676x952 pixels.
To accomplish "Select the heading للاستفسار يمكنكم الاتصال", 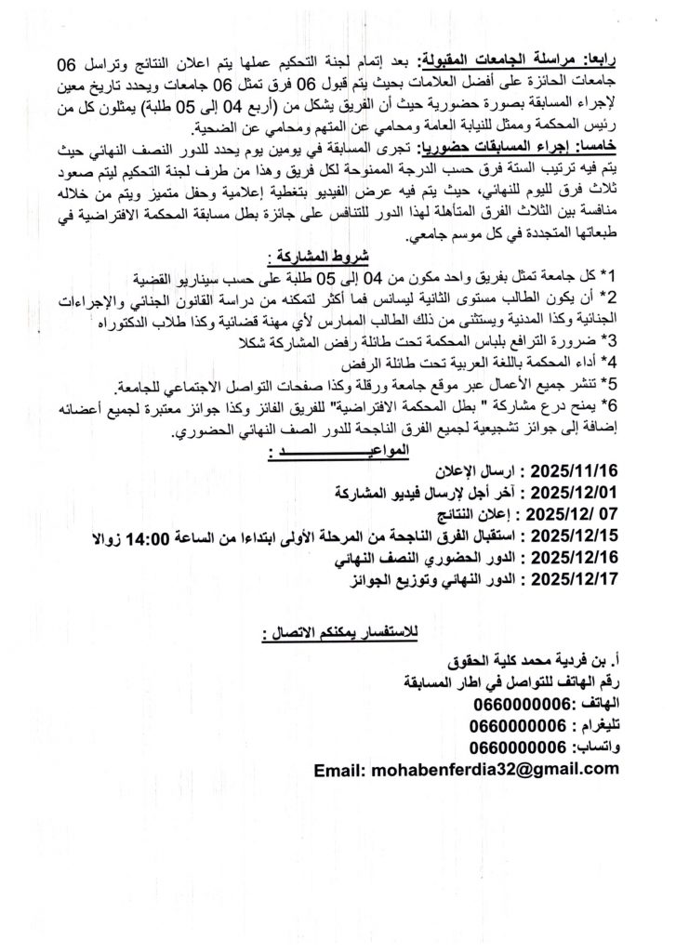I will tap(339, 635).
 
